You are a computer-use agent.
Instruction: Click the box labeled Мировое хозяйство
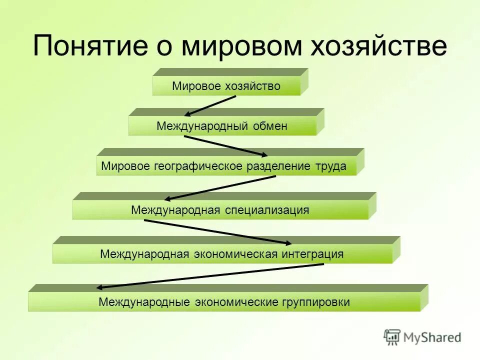[x=226, y=86]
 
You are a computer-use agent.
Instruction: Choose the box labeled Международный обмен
[x=222, y=126]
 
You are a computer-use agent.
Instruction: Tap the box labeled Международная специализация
[x=220, y=210]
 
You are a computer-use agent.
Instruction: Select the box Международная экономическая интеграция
[x=222, y=254]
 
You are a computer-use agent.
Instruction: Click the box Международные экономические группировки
[x=224, y=302]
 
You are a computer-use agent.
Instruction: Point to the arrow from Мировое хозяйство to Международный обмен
[x=210, y=105]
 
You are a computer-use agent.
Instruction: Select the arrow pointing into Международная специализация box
[x=220, y=187]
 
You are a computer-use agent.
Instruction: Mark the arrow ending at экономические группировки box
[x=210, y=276]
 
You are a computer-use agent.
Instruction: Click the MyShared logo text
[x=432, y=337]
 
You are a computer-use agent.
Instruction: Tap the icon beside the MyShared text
[x=392, y=337]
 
